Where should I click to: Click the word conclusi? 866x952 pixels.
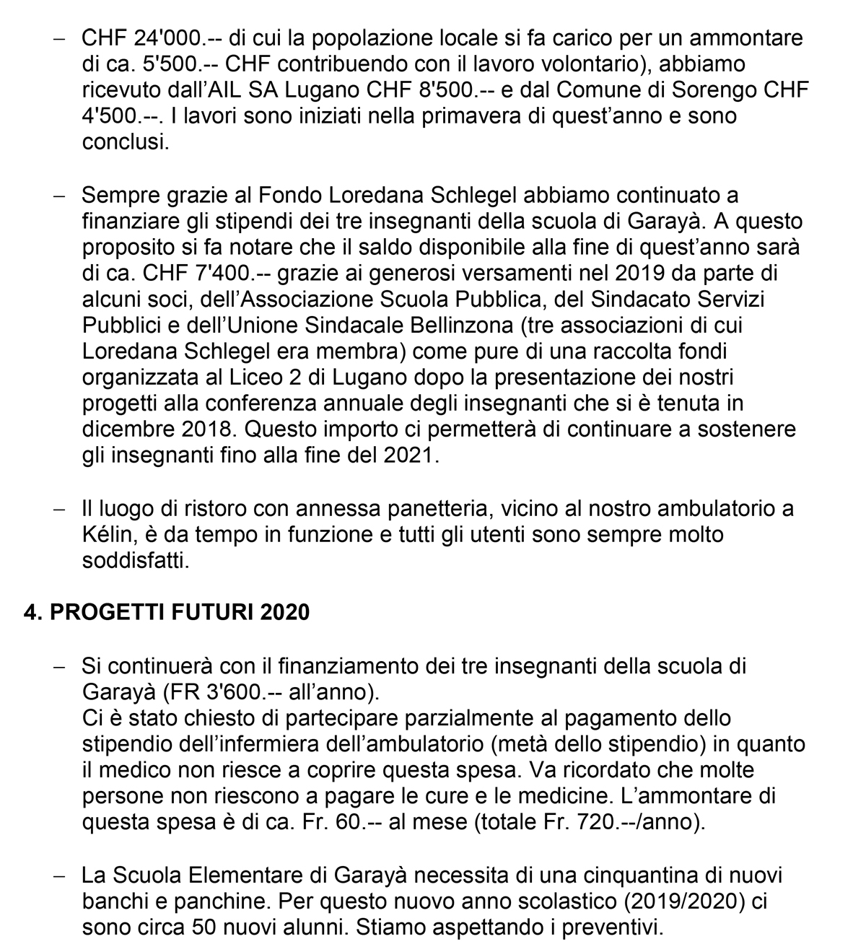[124, 142]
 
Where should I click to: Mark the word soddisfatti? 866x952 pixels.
[135, 560]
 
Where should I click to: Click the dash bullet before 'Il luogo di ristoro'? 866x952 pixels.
[60, 508]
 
